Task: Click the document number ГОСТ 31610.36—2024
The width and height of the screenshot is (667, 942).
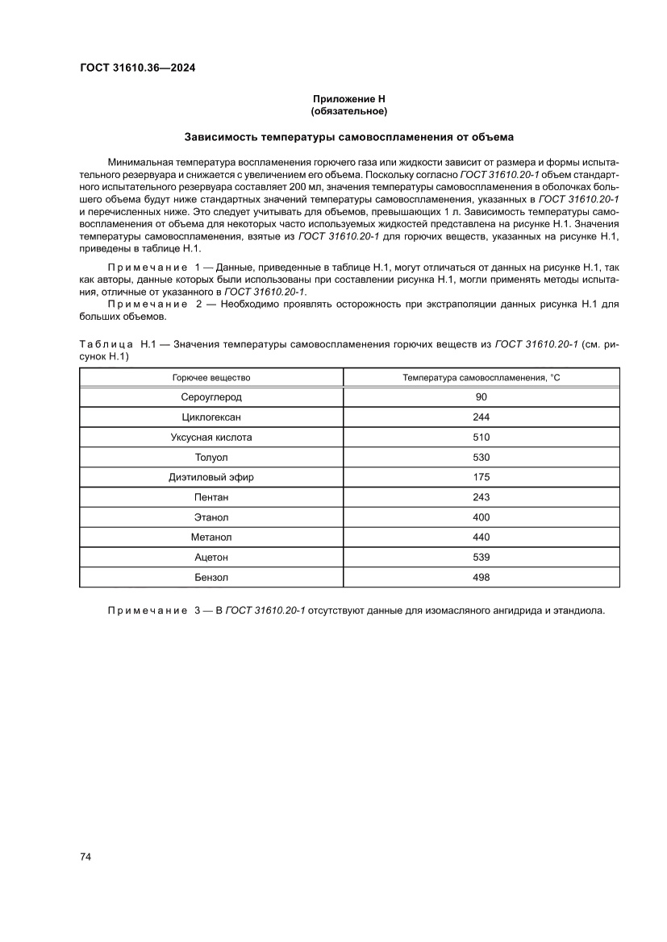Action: [x=137, y=68]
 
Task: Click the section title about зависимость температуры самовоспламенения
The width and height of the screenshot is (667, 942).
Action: [x=349, y=137]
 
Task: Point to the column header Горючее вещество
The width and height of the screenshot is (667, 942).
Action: [x=211, y=377]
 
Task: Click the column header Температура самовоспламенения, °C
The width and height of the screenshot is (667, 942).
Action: [x=481, y=377]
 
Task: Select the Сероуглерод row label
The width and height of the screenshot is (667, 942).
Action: [x=211, y=397]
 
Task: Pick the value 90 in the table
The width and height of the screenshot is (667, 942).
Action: [x=481, y=397]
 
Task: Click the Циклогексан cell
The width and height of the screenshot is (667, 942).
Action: [x=211, y=417]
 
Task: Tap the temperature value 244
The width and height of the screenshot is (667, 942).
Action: [x=481, y=417]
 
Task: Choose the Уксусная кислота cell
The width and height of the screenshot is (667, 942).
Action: [x=211, y=438]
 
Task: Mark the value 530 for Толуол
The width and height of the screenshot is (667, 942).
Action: [x=481, y=457]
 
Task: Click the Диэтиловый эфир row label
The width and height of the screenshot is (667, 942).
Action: [x=211, y=477]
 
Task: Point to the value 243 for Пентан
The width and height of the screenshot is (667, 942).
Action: [x=481, y=497]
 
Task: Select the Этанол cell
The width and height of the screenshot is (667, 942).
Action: [x=211, y=517]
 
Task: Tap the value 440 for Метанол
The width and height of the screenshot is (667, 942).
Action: [x=481, y=537]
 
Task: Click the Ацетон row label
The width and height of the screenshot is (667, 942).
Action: [x=211, y=557]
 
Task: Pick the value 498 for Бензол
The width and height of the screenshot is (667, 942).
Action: [x=481, y=577]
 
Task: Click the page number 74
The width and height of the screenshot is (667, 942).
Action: [x=85, y=857]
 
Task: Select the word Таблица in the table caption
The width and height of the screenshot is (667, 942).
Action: [x=106, y=344]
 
